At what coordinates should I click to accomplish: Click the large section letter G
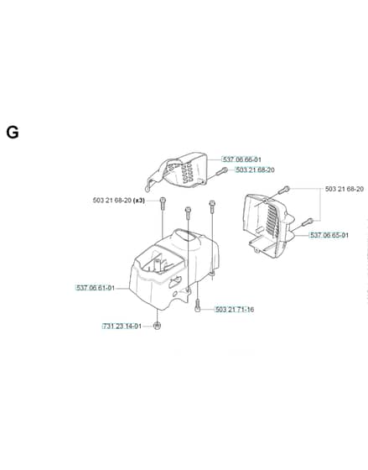[x=13, y=133]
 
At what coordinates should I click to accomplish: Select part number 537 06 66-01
[x=241, y=159]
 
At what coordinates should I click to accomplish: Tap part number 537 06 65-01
[x=329, y=235]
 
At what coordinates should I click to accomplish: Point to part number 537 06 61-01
[x=96, y=288]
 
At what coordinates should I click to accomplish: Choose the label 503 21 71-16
[x=235, y=310]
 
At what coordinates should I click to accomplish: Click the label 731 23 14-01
[x=122, y=326]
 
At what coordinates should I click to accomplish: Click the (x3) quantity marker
[x=139, y=201]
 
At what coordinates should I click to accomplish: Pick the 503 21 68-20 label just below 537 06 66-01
[x=255, y=170]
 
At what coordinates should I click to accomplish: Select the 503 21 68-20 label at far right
[x=345, y=189]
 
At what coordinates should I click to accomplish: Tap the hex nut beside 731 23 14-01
[x=157, y=326]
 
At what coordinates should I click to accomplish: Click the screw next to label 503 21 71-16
[x=197, y=306]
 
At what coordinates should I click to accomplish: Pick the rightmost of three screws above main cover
[x=212, y=206]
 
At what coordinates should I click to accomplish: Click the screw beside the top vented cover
[x=221, y=172]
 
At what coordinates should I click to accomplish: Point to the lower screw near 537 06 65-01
[x=308, y=222]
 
